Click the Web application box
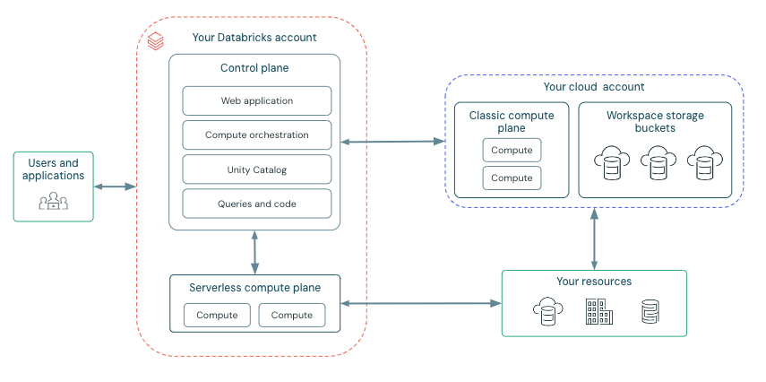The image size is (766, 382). click(256, 100)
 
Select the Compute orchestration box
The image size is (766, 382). click(256, 135)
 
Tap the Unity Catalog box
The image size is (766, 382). click(256, 169)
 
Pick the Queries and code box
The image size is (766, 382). click(256, 204)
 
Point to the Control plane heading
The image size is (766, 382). click(254, 68)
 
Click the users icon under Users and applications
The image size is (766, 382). click(53, 201)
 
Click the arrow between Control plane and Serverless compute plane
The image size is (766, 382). click(255, 252)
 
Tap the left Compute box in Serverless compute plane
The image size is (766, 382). click(217, 315)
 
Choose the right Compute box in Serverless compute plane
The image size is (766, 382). click(292, 315)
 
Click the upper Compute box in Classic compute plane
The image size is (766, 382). click(512, 150)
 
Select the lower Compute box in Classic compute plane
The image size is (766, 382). click(512, 178)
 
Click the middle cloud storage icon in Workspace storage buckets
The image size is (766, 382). click(658, 162)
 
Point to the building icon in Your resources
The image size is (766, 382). click(598, 312)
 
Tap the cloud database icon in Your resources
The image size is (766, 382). click(546, 312)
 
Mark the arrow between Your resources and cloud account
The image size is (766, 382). click(593, 238)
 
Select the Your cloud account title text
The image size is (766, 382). click(593, 87)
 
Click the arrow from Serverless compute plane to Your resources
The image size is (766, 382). click(421, 303)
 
